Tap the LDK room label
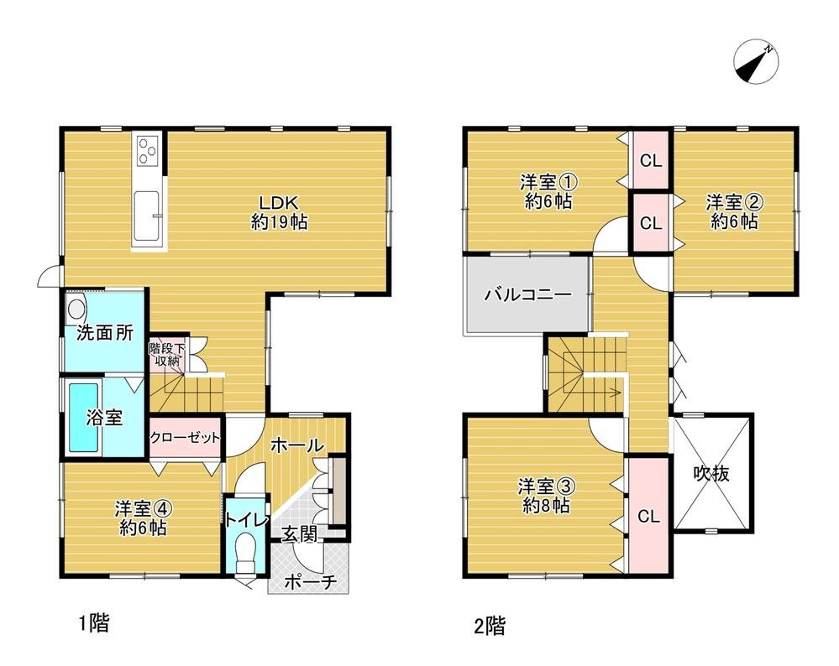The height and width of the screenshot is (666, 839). (x=278, y=212)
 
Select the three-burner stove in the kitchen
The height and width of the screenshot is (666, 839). (x=149, y=152)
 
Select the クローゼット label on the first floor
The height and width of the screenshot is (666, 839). (x=186, y=437)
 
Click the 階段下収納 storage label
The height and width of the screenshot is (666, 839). (x=165, y=354)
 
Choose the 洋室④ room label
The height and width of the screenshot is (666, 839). (x=143, y=518)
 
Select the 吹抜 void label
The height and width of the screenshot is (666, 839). (x=711, y=474)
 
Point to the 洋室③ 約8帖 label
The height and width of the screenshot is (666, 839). (x=546, y=495)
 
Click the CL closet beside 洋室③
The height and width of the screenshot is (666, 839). (x=648, y=516)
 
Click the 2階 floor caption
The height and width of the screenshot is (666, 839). (x=489, y=625)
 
